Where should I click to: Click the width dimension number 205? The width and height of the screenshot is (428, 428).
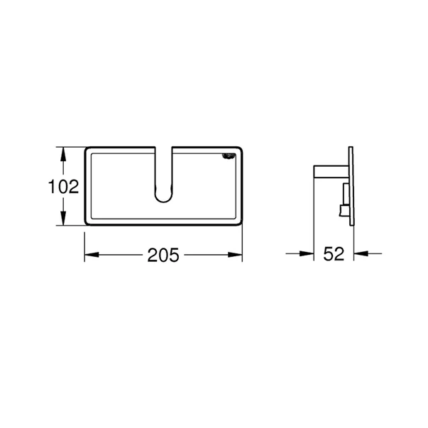163,255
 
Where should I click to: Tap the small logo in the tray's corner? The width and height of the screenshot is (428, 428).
229,158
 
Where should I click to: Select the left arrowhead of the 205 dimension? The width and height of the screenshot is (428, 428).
90,254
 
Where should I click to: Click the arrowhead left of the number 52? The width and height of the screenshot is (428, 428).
309,253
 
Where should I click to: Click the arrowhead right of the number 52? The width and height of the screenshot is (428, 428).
359,253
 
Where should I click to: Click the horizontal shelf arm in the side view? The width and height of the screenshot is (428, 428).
330,170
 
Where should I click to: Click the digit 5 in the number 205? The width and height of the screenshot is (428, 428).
174,255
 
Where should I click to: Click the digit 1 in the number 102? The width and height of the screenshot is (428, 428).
53,187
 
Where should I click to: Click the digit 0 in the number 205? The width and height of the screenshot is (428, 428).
163,255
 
